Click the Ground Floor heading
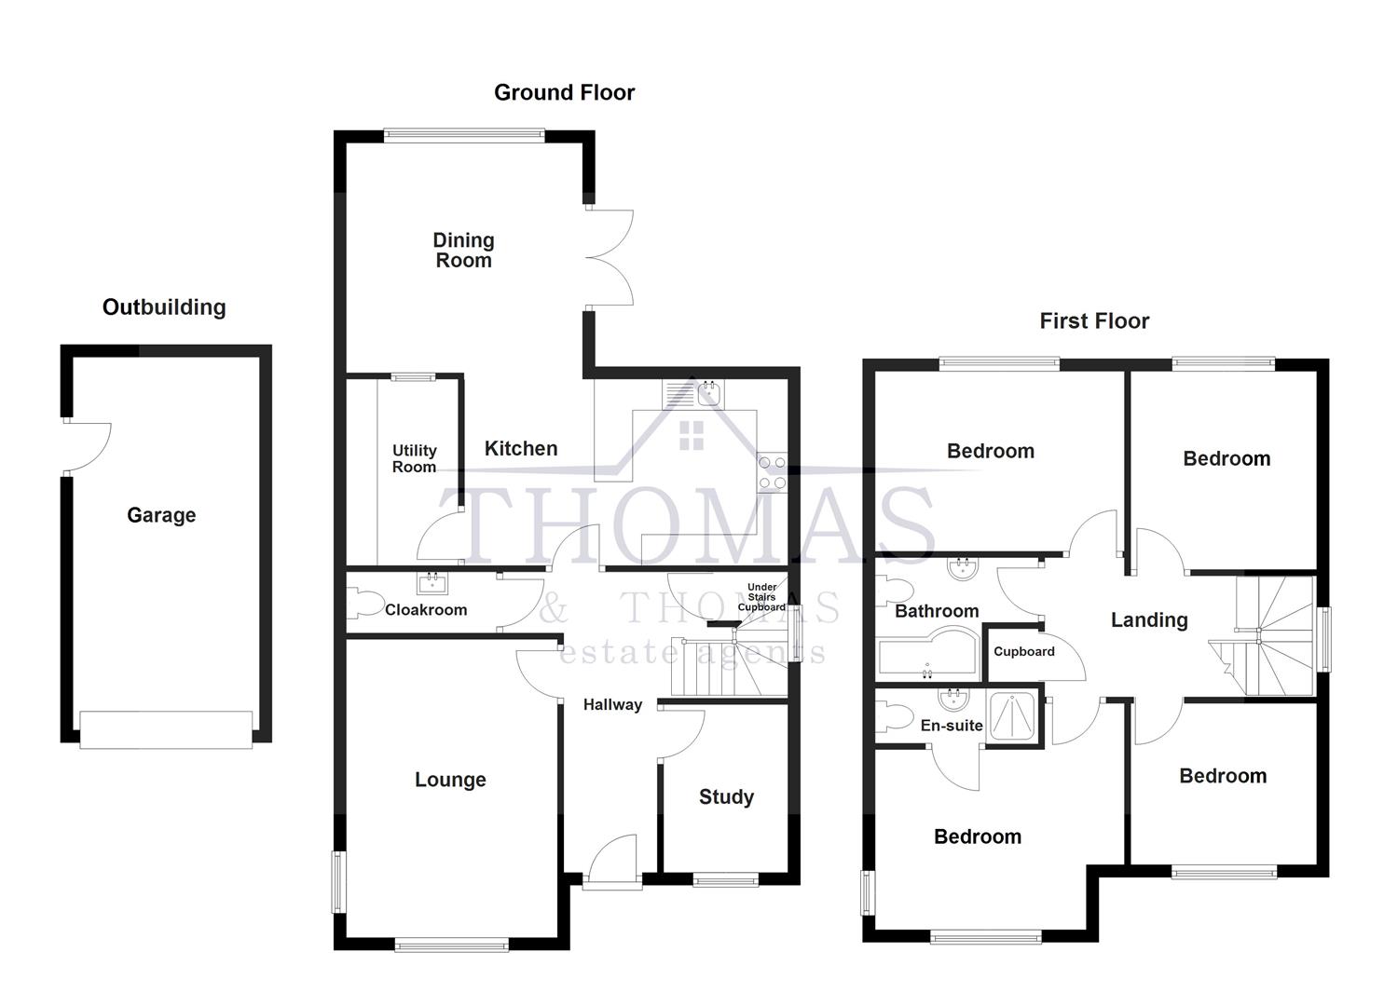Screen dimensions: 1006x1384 (564, 92)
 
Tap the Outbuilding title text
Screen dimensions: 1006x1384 (164, 307)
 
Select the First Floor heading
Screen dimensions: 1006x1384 (1094, 321)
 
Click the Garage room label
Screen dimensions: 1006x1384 (161, 515)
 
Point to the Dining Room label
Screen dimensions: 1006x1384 (463, 251)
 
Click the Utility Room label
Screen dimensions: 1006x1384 (414, 458)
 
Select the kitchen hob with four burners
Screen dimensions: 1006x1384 (772, 471)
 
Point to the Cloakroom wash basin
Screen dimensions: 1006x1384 (432, 584)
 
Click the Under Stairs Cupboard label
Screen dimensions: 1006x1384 (761, 597)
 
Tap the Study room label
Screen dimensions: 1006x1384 (726, 796)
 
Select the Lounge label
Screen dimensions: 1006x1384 (450, 780)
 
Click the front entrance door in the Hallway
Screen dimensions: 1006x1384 (612, 861)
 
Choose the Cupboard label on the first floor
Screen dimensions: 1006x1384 (1023, 651)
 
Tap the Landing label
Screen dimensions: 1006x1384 (1148, 619)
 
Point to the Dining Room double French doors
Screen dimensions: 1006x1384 (611, 258)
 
